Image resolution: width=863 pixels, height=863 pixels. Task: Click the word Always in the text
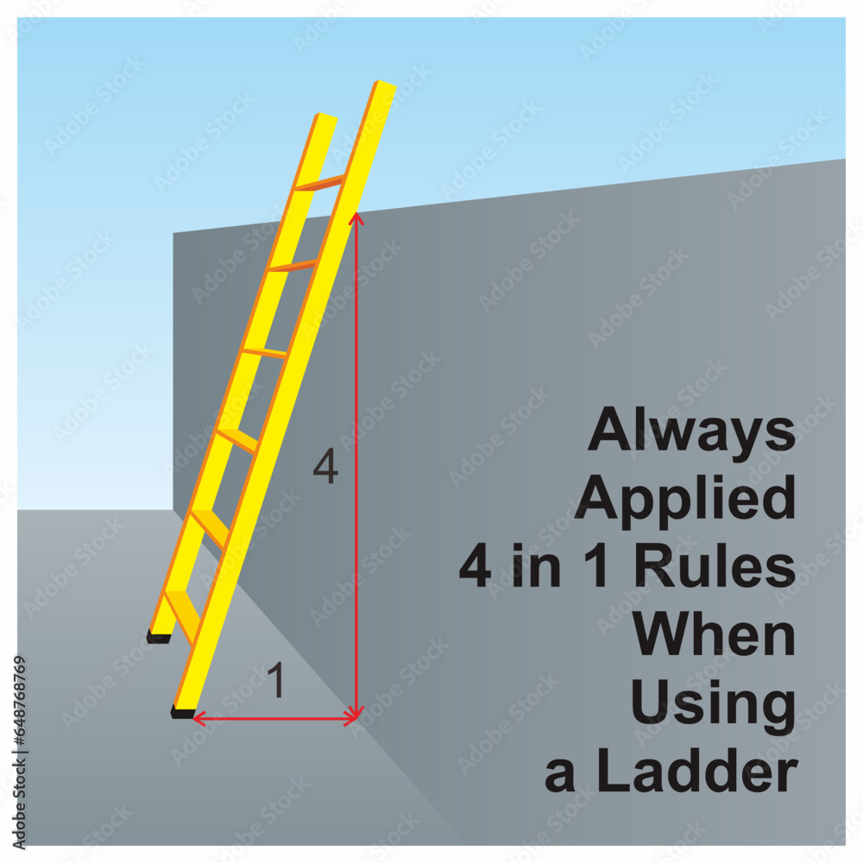pos(691,431)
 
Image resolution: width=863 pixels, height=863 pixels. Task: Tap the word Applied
pos(685,500)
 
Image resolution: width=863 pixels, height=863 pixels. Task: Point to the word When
pos(714,635)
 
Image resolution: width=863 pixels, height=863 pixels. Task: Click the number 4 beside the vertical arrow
pos(325,469)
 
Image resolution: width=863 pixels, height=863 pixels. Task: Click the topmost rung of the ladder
pos(319,183)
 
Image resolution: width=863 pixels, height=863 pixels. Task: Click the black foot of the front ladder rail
pos(182,712)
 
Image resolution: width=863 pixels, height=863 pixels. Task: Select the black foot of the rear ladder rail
pos(158,637)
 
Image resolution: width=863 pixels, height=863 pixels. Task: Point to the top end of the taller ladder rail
pos(386,85)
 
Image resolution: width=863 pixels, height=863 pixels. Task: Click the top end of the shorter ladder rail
pos(327,117)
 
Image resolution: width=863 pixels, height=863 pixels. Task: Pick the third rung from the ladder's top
pos(264,352)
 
